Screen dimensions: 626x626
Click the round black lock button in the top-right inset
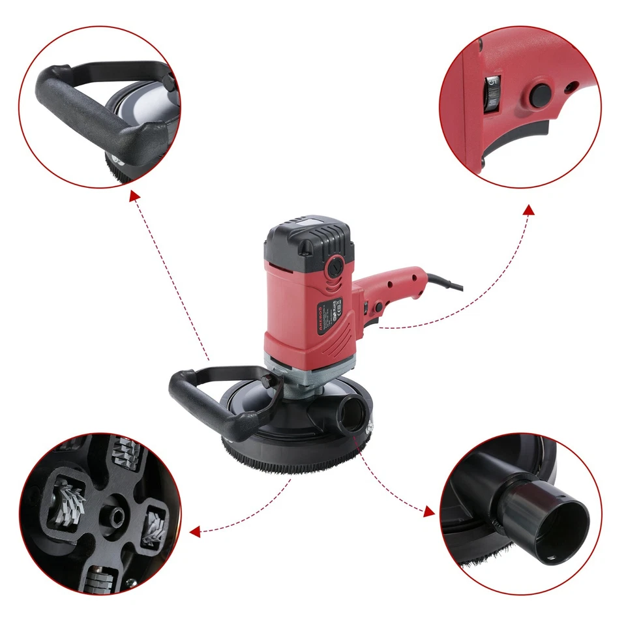540,95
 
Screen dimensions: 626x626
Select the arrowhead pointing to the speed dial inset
528,210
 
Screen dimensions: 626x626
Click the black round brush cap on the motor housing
336,266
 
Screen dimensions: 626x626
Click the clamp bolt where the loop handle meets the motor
263,380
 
